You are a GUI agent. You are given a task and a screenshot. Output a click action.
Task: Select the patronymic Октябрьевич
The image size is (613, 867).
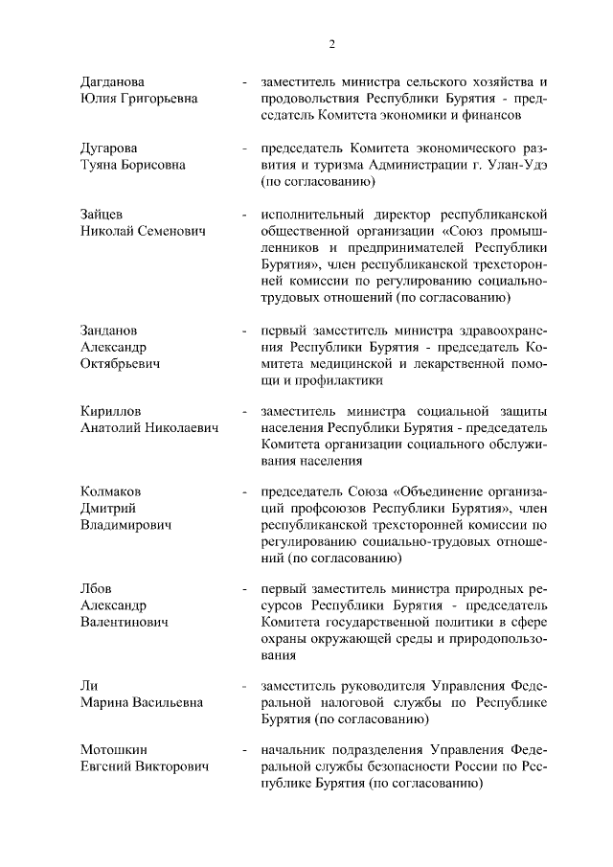121,364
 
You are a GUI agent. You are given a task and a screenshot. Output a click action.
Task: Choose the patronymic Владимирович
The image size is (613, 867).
125,526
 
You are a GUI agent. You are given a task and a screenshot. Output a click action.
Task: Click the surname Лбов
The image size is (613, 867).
97,589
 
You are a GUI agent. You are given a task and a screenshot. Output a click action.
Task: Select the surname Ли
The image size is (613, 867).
89,686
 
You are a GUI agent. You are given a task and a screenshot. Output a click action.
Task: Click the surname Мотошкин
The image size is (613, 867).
115,751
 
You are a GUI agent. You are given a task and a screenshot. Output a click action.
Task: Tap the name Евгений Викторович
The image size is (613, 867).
145,767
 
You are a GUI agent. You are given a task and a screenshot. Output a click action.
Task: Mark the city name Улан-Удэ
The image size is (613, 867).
511,165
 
